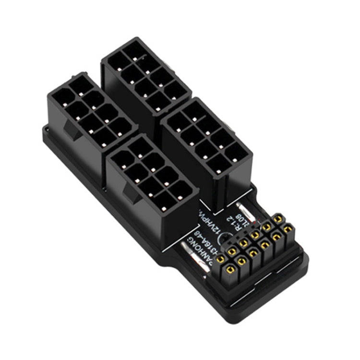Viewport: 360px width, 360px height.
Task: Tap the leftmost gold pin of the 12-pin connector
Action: click(x=221, y=259)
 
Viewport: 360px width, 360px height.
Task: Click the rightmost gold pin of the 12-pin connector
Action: click(x=288, y=230)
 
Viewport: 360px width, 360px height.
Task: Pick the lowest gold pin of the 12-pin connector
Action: click(x=241, y=262)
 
